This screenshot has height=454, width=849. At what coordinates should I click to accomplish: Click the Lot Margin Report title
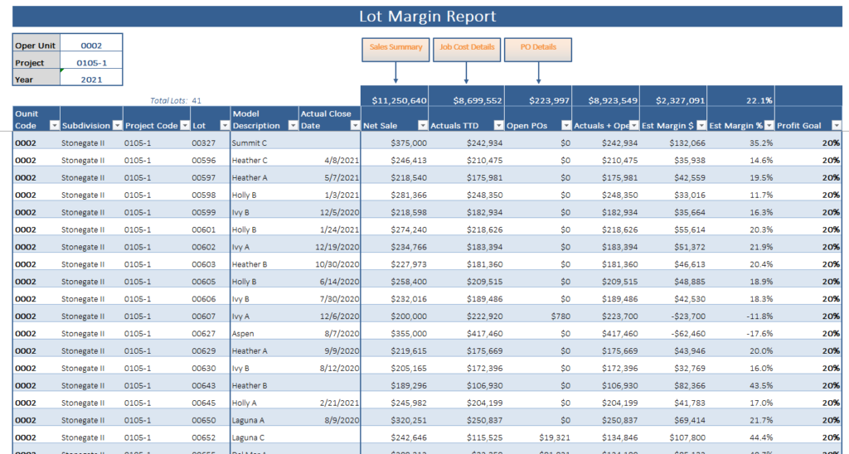click(427, 17)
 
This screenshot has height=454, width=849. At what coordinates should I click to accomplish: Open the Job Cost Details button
click(467, 48)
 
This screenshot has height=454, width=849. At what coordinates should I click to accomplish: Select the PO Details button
click(538, 48)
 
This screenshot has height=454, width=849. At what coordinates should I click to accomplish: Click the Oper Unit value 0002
click(91, 46)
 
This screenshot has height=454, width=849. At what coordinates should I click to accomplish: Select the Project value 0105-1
click(91, 63)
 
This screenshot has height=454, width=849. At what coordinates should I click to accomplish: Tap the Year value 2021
click(91, 80)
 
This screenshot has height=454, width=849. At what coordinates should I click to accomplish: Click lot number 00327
click(203, 142)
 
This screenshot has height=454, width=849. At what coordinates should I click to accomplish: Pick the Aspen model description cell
click(244, 334)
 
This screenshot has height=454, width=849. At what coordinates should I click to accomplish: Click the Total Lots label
click(168, 101)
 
